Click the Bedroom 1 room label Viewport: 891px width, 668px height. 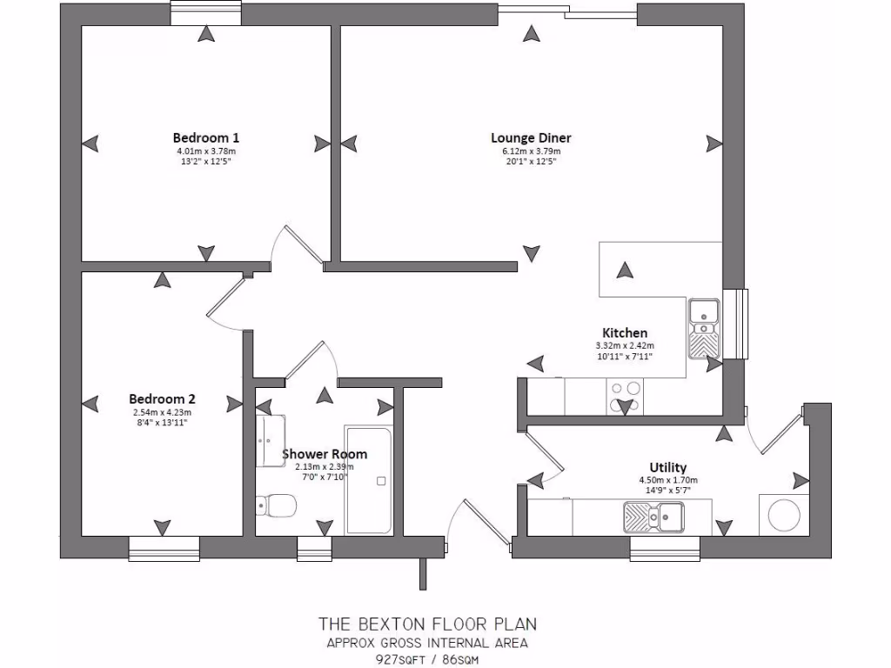coord(206,137)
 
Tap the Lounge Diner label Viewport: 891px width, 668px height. coord(531,137)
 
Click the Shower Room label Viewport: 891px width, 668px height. coord(325,454)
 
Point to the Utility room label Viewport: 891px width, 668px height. coord(667,467)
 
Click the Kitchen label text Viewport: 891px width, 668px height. coord(625,332)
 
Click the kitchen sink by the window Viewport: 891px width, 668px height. coord(704,328)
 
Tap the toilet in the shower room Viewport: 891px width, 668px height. coord(276,504)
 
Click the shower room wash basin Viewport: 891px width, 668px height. coord(270,440)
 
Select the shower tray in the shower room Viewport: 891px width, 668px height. coord(368,479)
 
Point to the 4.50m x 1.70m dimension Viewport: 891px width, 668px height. coord(667,480)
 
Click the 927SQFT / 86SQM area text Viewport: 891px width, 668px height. coord(426,659)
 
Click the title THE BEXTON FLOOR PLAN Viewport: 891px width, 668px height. coord(426,624)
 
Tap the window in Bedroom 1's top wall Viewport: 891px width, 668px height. coord(205,14)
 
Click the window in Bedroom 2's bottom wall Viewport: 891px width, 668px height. coord(164,548)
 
